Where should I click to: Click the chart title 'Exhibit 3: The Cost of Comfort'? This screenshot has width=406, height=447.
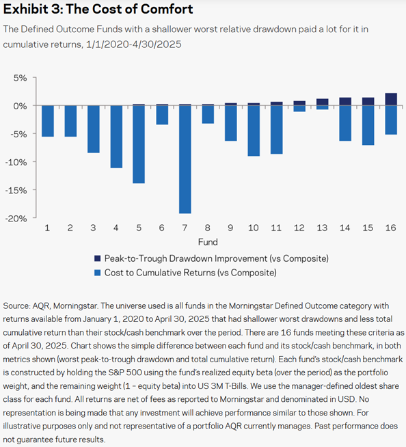coord(98,10)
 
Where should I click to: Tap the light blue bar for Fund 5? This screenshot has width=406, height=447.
coord(139,144)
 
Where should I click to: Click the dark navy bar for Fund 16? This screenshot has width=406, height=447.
coord(391,100)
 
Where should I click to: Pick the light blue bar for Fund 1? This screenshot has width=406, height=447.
coord(48,121)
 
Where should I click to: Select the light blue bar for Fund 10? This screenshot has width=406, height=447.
coord(254,131)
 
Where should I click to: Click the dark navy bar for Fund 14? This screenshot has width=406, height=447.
coord(345,101)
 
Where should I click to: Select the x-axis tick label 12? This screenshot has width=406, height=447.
coord(299,228)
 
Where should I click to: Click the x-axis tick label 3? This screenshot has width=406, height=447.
coord(93,228)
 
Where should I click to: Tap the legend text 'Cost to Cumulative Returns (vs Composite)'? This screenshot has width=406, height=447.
coord(190,273)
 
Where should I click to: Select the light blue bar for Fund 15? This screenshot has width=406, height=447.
coord(368,125)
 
